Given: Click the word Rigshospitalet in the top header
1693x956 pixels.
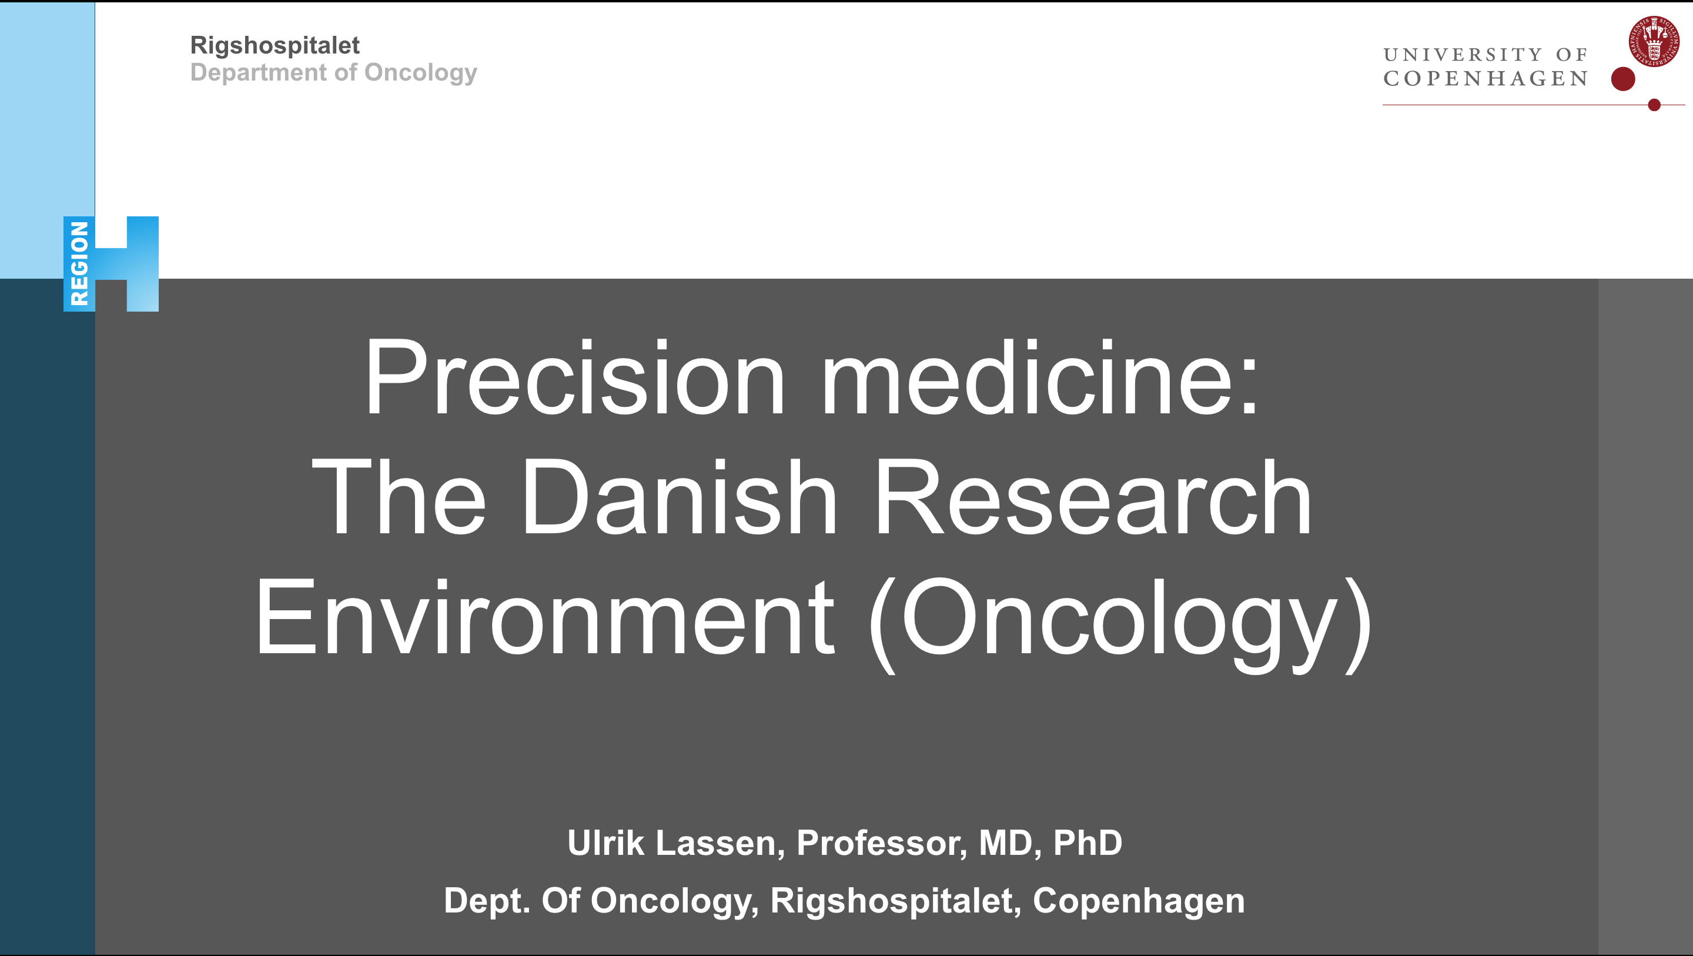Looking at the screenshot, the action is tap(275, 46).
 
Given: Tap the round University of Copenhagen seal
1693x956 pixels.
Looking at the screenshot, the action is tap(1654, 41).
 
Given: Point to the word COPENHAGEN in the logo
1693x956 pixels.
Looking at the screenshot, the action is tap(1485, 78).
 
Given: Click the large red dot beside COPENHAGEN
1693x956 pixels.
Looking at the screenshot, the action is tap(1622, 79).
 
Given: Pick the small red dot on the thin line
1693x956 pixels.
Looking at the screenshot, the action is tap(1654, 105).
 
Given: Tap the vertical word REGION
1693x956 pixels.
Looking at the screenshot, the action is tap(79, 263).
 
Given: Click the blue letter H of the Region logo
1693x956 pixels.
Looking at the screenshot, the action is tap(127, 263).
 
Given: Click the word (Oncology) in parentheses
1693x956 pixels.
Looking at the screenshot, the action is tap(1120, 624).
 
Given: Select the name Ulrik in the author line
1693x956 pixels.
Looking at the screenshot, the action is tap(605, 843).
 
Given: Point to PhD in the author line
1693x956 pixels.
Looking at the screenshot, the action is tap(1088, 843).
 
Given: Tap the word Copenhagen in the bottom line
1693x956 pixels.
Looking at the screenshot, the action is tap(1138, 901).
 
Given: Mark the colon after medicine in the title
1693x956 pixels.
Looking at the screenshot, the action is tap(1249, 388).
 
